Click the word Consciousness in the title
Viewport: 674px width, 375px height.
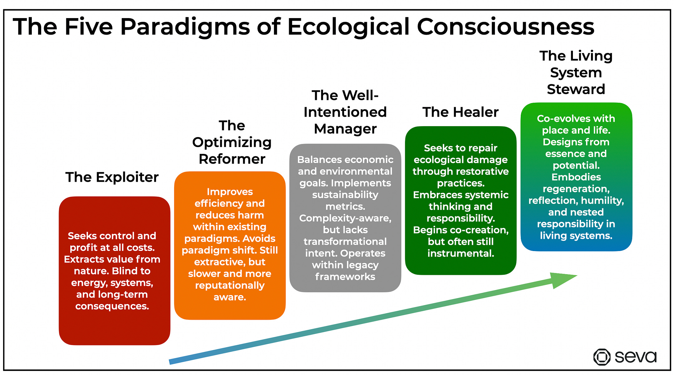(x=506, y=27)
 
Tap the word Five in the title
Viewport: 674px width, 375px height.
(x=89, y=27)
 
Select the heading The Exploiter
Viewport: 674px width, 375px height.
(x=112, y=177)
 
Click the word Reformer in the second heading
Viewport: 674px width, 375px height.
(x=232, y=159)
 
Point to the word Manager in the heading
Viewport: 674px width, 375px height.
(x=345, y=129)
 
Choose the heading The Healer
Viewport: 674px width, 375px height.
(x=460, y=112)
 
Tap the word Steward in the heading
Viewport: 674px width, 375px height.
(x=576, y=89)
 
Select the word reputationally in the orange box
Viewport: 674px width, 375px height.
(x=230, y=286)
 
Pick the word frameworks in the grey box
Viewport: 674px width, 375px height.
(x=345, y=277)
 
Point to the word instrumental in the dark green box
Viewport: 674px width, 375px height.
(x=460, y=253)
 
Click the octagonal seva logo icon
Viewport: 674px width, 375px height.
(x=602, y=357)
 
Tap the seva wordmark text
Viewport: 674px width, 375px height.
(x=635, y=357)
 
